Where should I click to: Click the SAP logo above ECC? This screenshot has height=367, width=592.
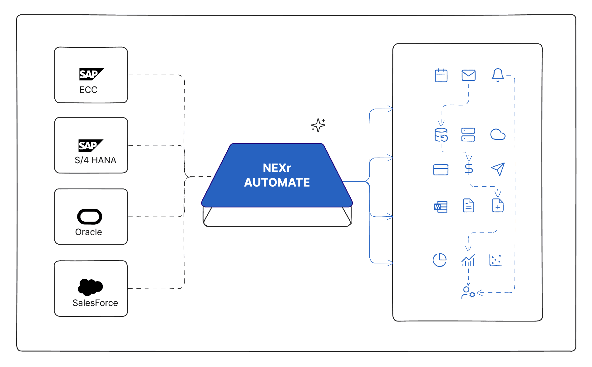pyautogui.click(x=91, y=74)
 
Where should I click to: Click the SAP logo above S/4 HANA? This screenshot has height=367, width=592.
pyautogui.click(x=90, y=145)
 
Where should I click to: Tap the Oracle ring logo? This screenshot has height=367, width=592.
pyautogui.click(x=90, y=217)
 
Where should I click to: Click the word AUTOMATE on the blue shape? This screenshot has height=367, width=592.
pyautogui.click(x=277, y=183)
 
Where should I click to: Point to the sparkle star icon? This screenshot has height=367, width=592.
pyautogui.click(x=318, y=125)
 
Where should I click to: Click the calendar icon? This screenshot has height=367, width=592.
pyautogui.click(x=441, y=76)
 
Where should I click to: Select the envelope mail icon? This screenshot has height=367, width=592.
pyautogui.click(x=468, y=76)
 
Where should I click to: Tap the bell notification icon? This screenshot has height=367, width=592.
pyautogui.click(x=498, y=75)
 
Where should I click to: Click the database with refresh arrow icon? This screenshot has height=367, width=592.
pyautogui.click(x=441, y=135)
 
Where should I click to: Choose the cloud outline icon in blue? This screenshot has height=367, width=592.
pyautogui.click(x=498, y=135)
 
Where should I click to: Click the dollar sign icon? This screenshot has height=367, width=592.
pyautogui.click(x=469, y=169)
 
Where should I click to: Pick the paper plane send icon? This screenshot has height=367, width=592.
pyautogui.click(x=498, y=169)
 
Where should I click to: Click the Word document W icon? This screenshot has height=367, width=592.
pyautogui.click(x=441, y=207)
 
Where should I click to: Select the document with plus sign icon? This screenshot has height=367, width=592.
pyautogui.click(x=498, y=206)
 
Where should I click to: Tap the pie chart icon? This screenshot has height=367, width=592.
pyautogui.click(x=440, y=260)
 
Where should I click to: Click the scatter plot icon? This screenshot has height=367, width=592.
pyautogui.click(x=496, y=260)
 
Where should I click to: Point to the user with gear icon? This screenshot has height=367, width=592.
pyautogui.click(x=468, y=293)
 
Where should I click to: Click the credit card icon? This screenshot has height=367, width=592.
pyautogui.click(x=441, y=170)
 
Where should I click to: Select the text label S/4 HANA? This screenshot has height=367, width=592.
pyautogui.click(x=95, y=160)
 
